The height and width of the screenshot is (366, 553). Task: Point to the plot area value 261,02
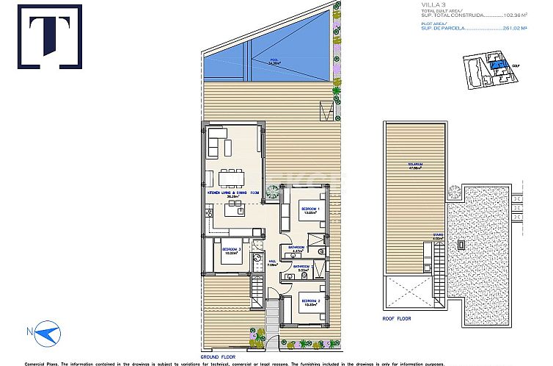tap(524, 29)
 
